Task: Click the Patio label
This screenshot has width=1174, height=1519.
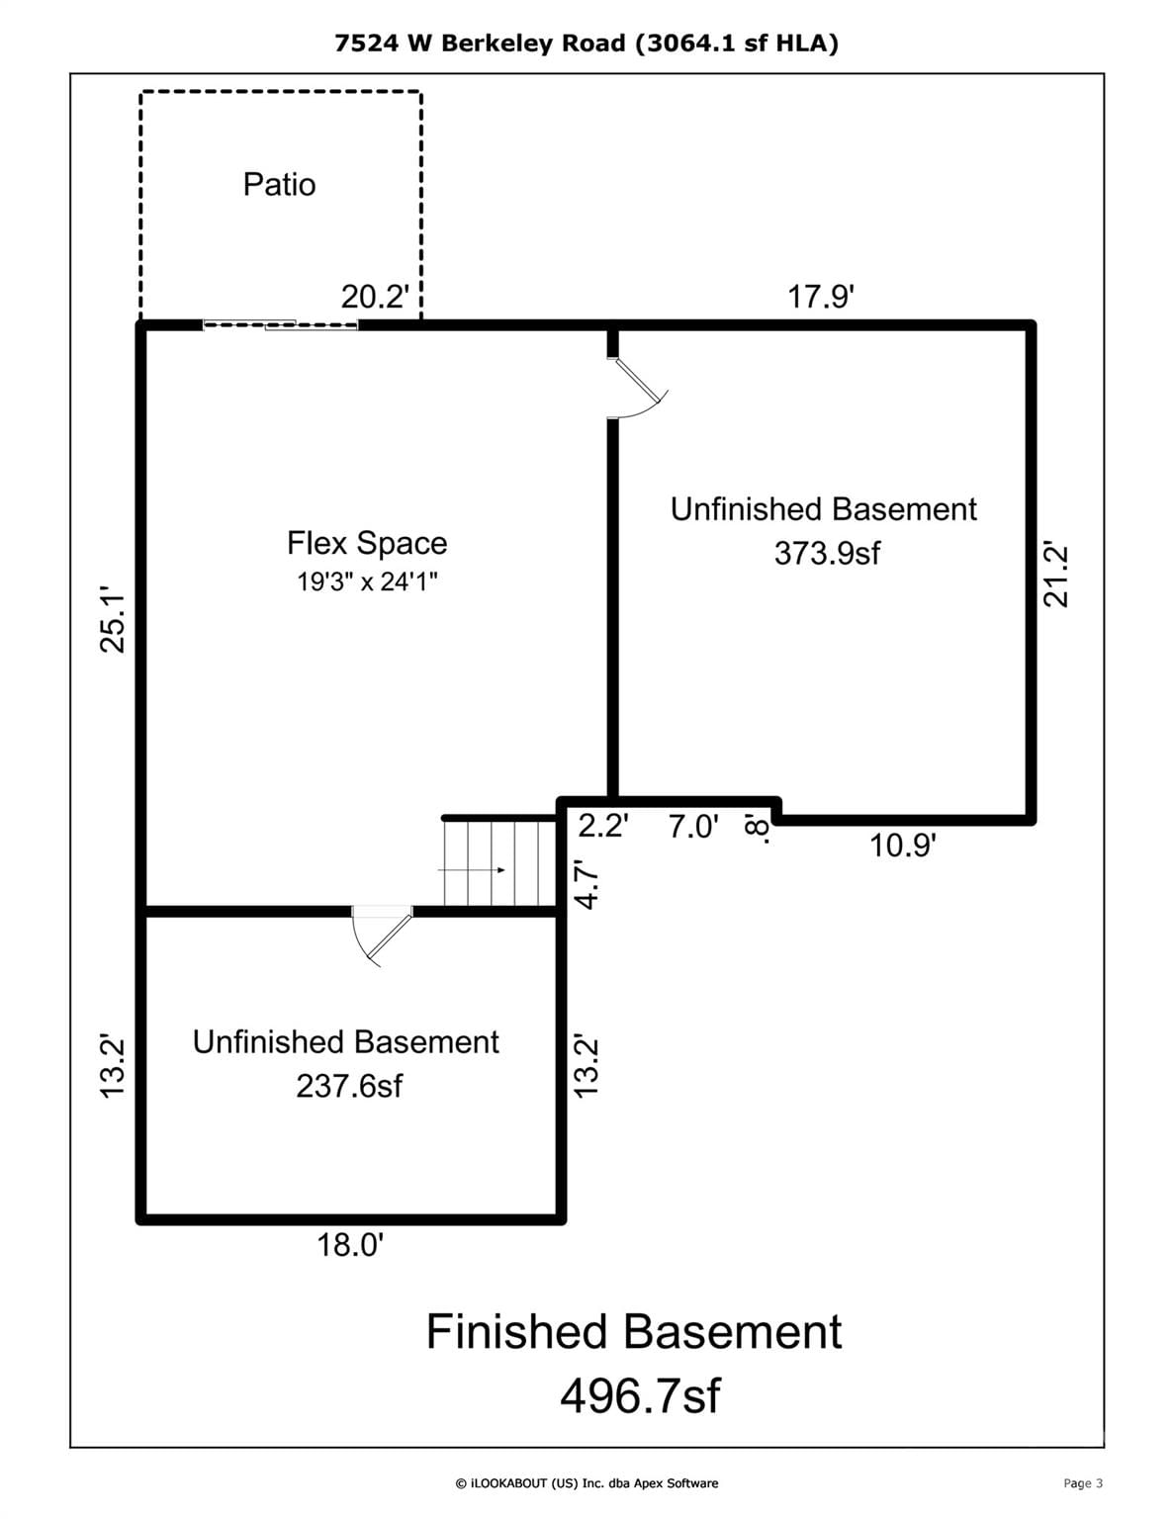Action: click(279, 185)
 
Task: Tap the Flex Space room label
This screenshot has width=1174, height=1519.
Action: click(367, 543)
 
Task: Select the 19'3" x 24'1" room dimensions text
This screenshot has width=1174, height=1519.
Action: click(367, 581)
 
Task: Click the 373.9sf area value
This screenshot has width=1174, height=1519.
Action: click(827, 553)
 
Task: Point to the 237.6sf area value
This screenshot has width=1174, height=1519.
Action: click(349, 1086)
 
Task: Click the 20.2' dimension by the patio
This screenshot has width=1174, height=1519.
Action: click(375, 297)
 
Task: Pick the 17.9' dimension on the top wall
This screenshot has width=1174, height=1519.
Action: click(821, 297)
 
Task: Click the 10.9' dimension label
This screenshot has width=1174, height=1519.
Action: click(902, 846)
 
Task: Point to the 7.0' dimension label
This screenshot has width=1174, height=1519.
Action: click(693, 827)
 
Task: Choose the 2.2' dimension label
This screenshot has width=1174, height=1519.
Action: click(603, 827)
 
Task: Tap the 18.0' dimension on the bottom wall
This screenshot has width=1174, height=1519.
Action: click(350, 1245)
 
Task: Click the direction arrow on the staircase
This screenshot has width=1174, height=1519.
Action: click(472, 870)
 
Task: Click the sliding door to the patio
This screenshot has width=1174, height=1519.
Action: click(280, 324)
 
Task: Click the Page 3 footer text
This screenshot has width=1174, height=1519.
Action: click(1083, 1483)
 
